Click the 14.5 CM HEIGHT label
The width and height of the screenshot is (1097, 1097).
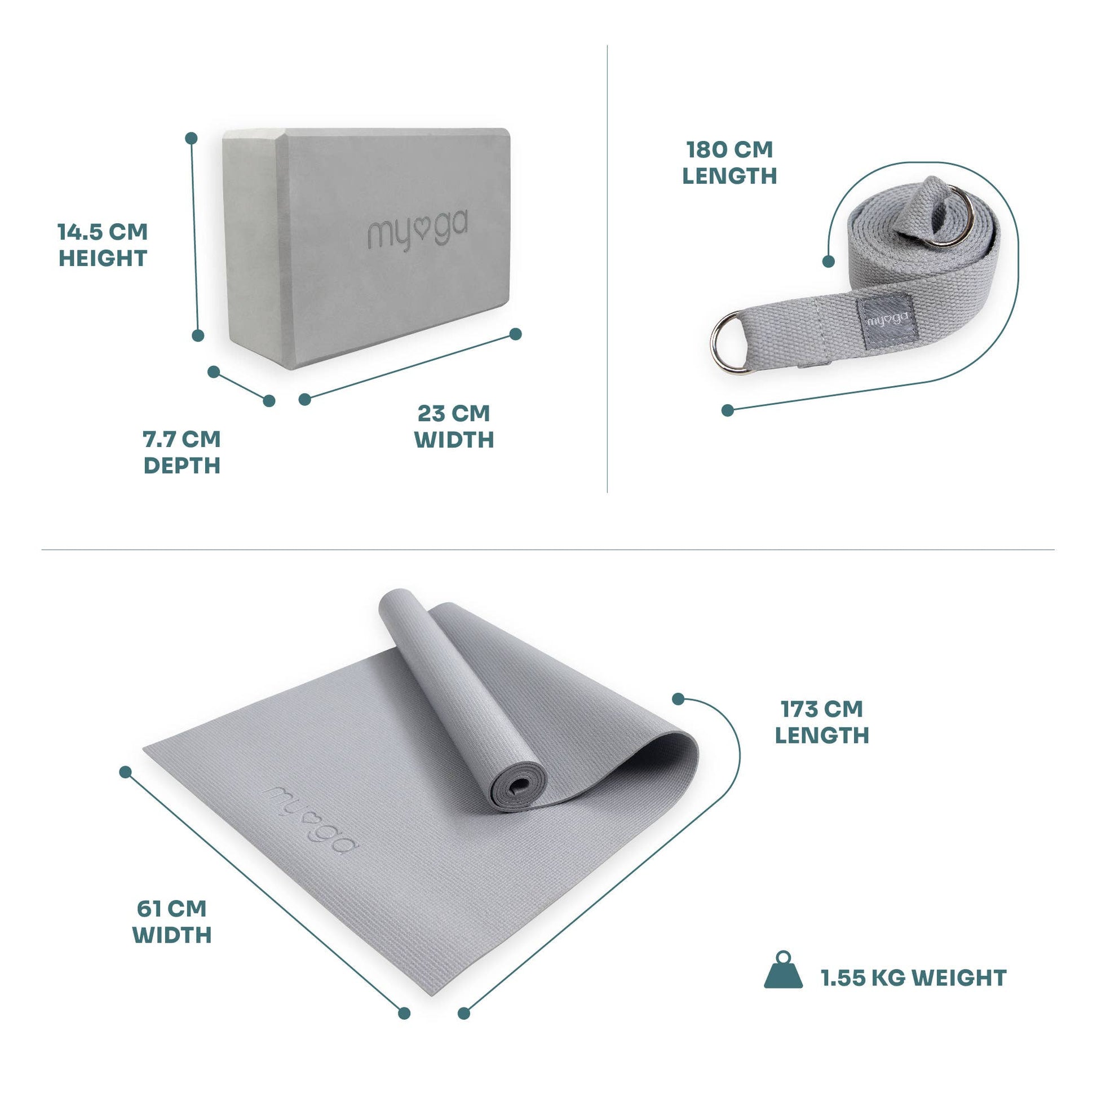(x=103, y=245)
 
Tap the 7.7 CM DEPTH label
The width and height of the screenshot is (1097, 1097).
(x=182, y=453)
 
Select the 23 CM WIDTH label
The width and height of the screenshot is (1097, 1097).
(x=454, y=426)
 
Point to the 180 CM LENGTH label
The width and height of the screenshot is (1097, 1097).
(x=729, y=163)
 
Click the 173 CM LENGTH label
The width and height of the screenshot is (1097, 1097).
(x=821, y=722)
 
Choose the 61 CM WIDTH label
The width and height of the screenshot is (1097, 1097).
(x=172, y=922)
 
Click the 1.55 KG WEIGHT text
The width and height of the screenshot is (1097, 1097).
(x=914, y=977)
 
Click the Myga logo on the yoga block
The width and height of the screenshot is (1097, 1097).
(x=418, y=231)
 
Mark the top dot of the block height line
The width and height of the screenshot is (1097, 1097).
(x=191, y=138)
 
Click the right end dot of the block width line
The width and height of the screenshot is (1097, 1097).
(x=516, y=334)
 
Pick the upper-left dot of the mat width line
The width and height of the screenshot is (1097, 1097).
(x=126, y=772)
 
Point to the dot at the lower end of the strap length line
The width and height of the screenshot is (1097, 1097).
(x=727, y=410)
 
